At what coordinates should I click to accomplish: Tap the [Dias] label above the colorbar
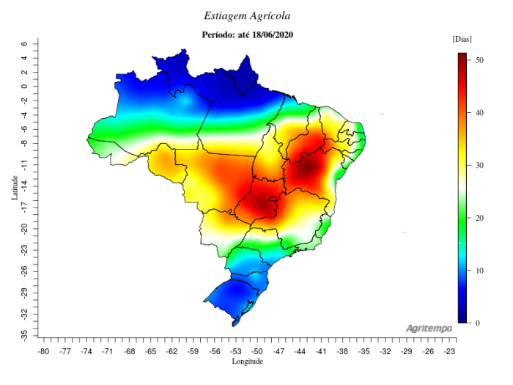coord(462,38)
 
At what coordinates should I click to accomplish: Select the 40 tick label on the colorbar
coord(478,112)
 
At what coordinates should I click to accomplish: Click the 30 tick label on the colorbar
coord(478,165)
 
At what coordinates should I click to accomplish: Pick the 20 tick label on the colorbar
coord(478,218)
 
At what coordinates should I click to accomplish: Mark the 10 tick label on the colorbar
coord(478,271)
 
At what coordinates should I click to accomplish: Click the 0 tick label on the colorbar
coord(476,323)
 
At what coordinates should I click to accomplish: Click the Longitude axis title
coord(247,362)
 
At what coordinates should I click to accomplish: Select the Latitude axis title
coord(14,188)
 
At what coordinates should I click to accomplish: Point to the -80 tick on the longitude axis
coord(44,351)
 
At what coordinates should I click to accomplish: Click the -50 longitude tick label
coord(257,351)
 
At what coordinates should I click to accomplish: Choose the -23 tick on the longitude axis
coord(449,351)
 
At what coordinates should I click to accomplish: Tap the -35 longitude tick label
coord(364,351)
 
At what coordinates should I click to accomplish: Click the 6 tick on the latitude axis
coord(24,44)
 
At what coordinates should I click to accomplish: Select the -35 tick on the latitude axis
coord(24,333)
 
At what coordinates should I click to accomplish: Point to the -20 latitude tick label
coord(24,229)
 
